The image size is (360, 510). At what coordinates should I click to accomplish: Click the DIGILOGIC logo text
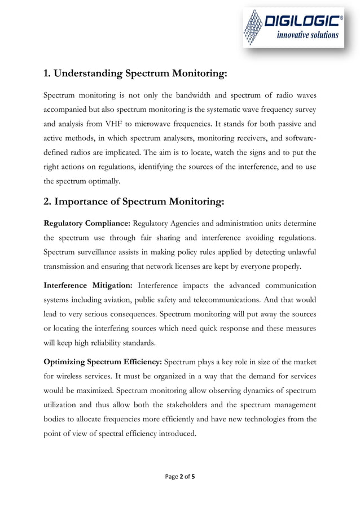tap(302, 21)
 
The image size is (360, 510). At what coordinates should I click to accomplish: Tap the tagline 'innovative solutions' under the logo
tap(308, 35)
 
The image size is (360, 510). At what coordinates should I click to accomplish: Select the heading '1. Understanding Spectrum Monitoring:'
tap(135, 73)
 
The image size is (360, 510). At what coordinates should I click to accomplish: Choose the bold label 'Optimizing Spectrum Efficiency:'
tap(103, 362)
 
